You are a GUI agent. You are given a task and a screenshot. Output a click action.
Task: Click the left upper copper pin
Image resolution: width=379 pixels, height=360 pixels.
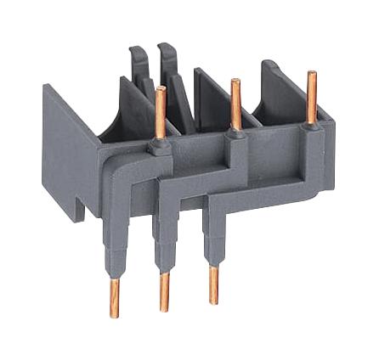click(160, 115)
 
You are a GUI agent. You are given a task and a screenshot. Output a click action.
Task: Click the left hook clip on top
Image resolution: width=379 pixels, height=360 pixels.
click(137, 64)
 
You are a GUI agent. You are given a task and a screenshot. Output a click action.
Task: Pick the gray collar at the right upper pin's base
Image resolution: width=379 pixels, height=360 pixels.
click(312, 127)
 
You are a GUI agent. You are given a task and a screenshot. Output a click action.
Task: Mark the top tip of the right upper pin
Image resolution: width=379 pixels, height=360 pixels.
click(312, 75)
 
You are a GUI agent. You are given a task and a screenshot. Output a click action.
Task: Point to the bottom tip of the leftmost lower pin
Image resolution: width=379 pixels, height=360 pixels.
click(114, 315)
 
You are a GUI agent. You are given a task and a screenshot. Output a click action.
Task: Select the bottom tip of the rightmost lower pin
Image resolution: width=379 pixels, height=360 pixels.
click(212, 302)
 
